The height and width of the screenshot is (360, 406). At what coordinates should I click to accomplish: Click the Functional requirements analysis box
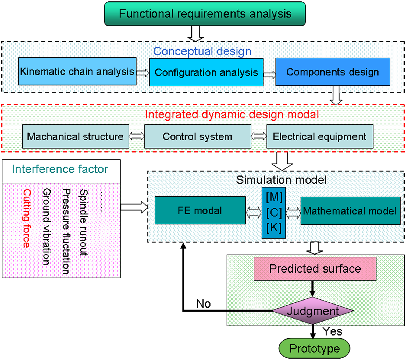point(205,14)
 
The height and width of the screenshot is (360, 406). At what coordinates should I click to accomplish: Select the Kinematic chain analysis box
point(77,71)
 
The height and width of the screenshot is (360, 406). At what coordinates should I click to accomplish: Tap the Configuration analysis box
point(206,72)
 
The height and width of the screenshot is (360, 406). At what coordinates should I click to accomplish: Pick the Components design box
point(333,72)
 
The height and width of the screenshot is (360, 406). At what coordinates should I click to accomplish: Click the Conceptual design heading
point(202,51)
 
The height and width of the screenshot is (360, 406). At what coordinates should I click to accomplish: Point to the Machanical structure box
point(76,136)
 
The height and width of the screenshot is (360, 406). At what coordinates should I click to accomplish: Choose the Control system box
point(198,136)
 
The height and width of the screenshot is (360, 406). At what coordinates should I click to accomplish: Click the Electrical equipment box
point(320,136)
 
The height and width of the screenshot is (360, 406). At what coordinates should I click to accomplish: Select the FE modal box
point(200,210)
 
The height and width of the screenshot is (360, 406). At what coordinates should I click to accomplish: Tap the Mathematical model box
point(350,211)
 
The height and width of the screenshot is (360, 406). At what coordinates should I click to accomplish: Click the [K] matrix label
point(274,227)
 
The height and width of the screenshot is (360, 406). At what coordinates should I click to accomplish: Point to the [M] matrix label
point(274,197)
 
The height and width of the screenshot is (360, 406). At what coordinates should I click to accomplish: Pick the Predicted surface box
point(315,269)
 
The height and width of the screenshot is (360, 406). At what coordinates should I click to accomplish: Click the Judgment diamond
point(313,311)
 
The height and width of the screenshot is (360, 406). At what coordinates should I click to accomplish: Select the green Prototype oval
point(314,348)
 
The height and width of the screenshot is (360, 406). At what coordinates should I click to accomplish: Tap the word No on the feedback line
point(203,304)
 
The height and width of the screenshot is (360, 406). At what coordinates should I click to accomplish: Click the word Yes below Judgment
point(332,331)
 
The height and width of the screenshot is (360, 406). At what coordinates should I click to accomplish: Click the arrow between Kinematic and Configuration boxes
point(143,73)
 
